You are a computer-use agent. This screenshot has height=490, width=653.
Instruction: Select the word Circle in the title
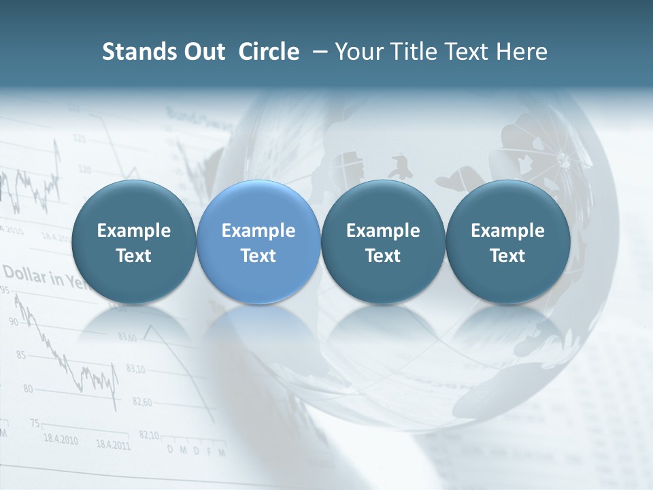(x=269, y=52)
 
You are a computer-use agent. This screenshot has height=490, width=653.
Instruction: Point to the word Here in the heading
(x=522, y=52)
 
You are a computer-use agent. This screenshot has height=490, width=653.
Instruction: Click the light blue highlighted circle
(x=258, y=242)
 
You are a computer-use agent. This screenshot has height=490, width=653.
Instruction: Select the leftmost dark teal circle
(x=133, y=242)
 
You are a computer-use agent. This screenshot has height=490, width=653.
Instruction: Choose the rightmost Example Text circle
(x=507, y=242)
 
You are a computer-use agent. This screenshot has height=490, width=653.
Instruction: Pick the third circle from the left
(x=383, y=242)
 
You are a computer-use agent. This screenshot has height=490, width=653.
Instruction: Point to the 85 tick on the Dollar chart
(x=20, y=355)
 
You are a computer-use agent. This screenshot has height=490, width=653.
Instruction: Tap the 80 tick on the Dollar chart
(x=28, y=389)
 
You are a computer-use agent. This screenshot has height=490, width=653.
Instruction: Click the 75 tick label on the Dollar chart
(x=35, y=423)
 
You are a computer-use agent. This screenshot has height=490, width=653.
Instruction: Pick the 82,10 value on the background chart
(x=149, y=435)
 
